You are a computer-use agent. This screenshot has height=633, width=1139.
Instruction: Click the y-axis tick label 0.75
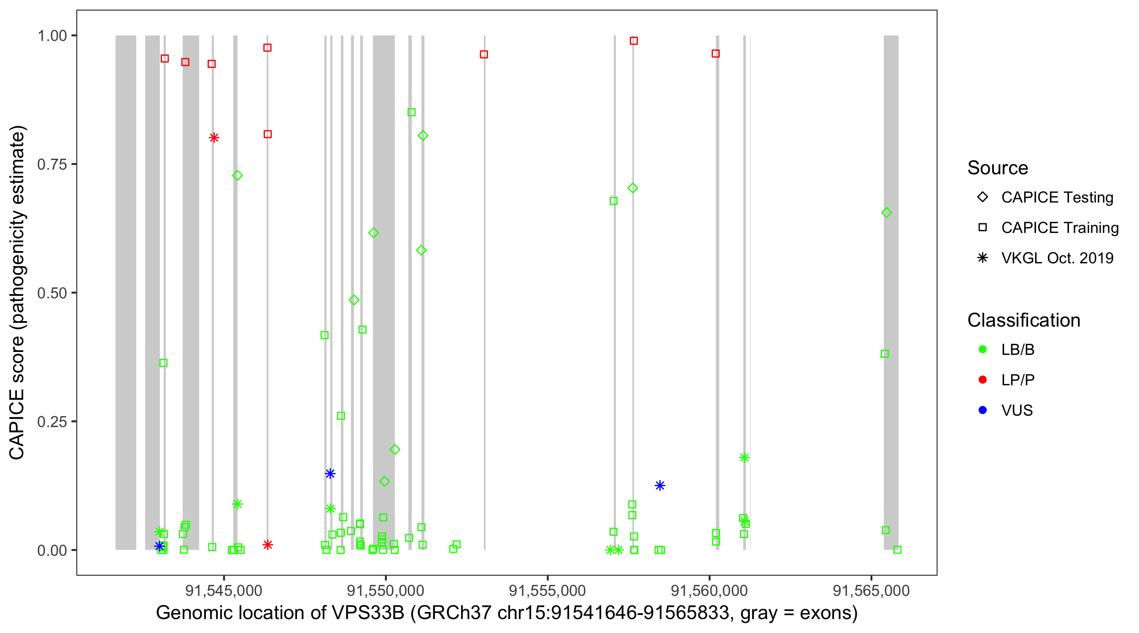(x=51, y=165)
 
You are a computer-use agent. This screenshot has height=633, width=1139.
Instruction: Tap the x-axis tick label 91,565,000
(x=871, y=590)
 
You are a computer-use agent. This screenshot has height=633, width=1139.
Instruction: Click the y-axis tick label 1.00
(x=51, y=36)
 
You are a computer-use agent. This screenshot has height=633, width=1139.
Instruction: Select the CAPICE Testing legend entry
(x=1057, y=197)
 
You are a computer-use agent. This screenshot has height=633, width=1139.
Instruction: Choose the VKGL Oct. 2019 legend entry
(x=1057, y=258)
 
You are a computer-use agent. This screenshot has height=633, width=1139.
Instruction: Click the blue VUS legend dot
(x=982, y=411)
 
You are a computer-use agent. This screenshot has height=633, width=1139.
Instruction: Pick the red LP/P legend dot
(x=982, y=380)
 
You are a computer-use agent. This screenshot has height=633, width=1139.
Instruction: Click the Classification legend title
(x=1023, y=320)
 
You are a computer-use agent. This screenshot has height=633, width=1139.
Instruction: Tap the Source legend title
(x=998, y=168)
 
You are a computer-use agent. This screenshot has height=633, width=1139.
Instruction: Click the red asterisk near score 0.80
(x=214, y=138)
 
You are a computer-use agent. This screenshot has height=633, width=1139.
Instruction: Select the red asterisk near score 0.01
(x=267, y=545)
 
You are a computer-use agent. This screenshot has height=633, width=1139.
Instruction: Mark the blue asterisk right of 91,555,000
(x=660, y=486)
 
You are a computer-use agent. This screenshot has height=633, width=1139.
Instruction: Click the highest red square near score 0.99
(x=634, y=41)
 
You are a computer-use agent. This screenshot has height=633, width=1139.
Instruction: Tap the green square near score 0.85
(x=411, y=112)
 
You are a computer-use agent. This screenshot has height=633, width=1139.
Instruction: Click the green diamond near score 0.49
(x=354, y=300)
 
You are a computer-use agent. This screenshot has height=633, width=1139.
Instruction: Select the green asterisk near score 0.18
(x=744, y=457)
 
